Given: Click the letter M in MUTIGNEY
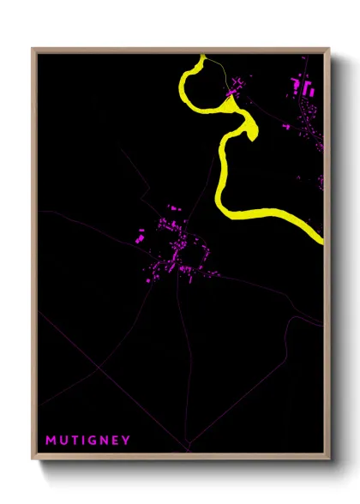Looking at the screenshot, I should point(51,441).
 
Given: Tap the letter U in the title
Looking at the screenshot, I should point(64,441).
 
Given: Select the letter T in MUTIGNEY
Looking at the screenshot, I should point(75,441).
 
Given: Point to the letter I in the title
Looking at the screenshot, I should point(84,441).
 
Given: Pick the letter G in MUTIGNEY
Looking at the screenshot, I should point(93,441).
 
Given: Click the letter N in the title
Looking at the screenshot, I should point(105,441).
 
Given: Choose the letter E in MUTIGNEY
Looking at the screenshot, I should point(116,441).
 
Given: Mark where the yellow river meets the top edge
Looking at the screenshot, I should point(202,57).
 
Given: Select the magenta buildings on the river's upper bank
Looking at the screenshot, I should point(235,86).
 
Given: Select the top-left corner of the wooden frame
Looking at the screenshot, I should point(33,49).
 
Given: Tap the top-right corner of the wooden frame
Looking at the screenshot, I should point(329,49).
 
